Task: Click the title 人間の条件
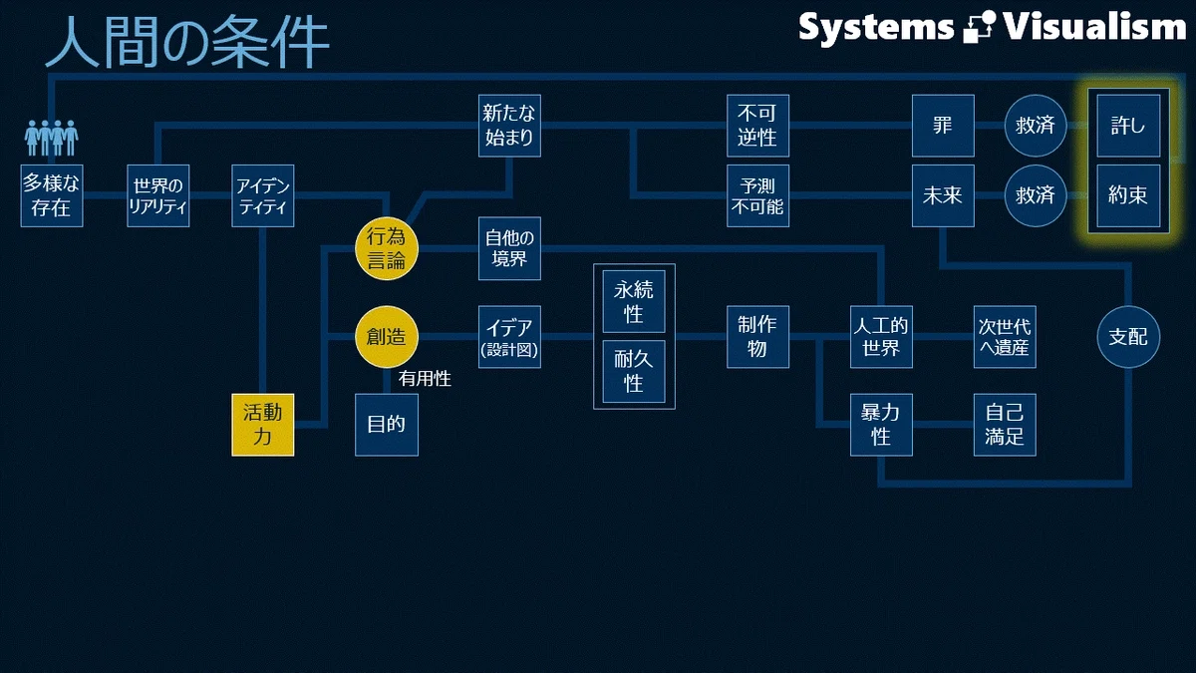187,41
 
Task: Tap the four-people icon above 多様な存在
51,138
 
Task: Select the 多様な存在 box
52,195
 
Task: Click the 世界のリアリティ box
158,195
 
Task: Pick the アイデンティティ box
263,195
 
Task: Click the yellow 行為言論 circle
387,249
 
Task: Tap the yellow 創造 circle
387,337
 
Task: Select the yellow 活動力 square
263,425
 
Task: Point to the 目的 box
387,425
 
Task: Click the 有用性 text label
425,379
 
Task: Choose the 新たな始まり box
509,126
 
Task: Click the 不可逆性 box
757,126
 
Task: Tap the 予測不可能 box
757,195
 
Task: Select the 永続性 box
634,301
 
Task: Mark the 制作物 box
757,337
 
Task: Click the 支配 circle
1128,337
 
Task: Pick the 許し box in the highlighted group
1128,126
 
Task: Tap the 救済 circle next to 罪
1036,126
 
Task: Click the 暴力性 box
881,425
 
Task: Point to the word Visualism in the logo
1094,27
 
